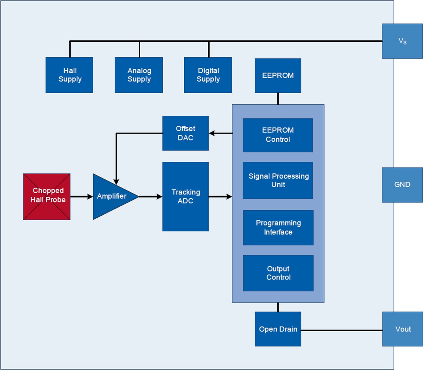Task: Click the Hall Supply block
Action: (69, 75)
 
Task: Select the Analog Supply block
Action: (139, 75)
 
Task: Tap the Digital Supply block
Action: (208, 75)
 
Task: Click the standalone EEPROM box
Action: (278, 76)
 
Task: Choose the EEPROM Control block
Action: (278, 135)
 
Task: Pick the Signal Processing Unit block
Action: (278, 180)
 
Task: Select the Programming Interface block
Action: (278, 228)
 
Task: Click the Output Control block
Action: (278, 273)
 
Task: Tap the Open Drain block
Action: (278, 329)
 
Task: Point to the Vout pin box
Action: (403, 329)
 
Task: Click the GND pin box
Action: (402, 185)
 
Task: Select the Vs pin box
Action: (402, 41)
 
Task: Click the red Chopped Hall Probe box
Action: (47, 197)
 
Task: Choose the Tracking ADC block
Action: (186, 196)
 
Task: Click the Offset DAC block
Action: (186, 133)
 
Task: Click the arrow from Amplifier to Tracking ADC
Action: (150, 197)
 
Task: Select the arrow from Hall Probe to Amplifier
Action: (82, 197)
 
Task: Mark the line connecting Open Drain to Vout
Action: (342, 330)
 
